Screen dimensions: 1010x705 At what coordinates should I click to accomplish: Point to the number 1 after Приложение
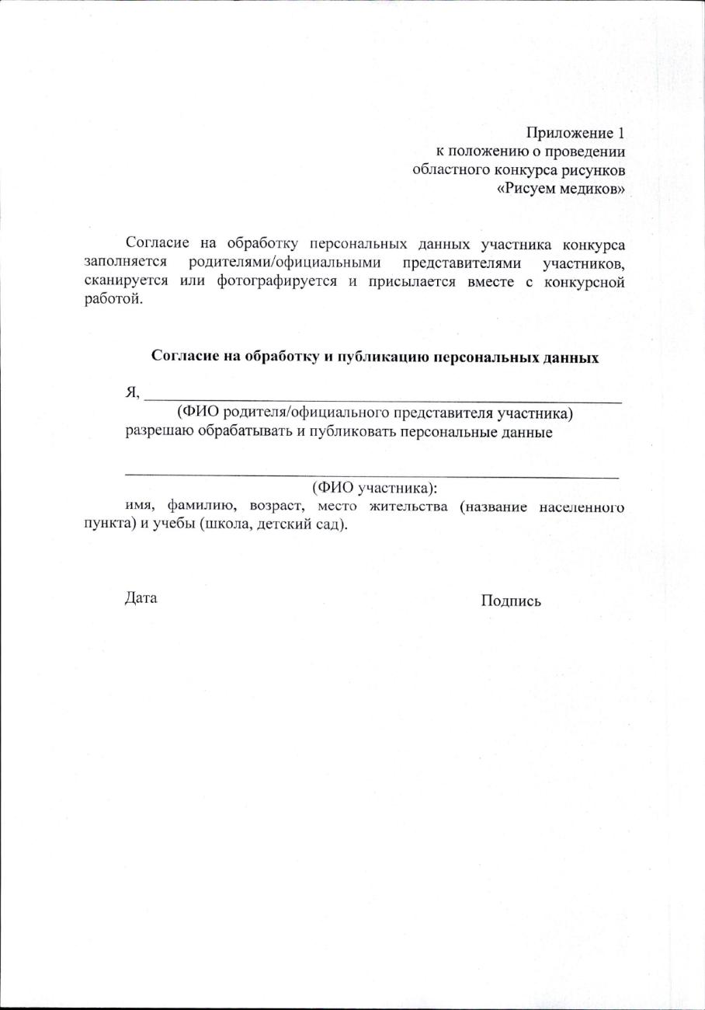tap(620, 133)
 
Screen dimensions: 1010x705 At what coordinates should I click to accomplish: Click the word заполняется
tap(126, 263)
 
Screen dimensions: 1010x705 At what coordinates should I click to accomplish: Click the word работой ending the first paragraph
tap(113, 300)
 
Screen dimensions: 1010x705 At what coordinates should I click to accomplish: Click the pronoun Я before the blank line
tap(131, 393)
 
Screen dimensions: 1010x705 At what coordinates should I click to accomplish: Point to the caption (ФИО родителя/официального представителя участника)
tap(375, 413)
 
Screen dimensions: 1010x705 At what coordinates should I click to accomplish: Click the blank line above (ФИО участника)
tap(372, 473)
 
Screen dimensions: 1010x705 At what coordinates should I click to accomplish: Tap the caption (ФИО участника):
tap(375, 489)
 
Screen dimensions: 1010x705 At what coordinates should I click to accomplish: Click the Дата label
tap(141, 598)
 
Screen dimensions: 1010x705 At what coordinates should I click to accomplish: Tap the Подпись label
tap(511, 601)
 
